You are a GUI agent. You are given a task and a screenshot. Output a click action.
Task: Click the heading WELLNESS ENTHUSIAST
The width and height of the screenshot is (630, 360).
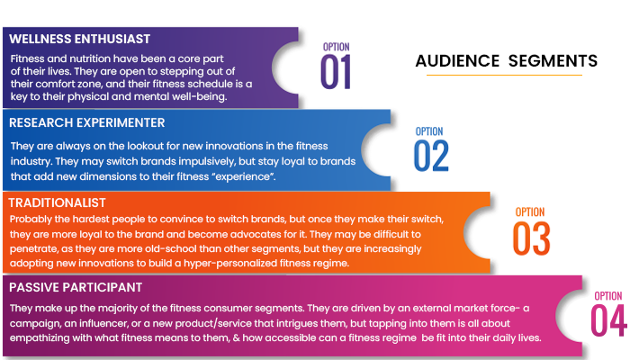tap(79, 39)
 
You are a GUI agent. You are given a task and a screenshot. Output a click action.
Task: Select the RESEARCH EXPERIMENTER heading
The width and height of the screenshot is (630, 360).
tap(86, 122)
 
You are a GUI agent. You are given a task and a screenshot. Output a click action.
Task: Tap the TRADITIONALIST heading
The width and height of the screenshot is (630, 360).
tap(57, 202)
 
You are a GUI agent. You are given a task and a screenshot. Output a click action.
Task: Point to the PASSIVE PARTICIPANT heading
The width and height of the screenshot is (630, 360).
tap(76, 287)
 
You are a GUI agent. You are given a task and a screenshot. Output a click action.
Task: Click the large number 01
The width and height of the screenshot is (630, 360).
tap(336, 72)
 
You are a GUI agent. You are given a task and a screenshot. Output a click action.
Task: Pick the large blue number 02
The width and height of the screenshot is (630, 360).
tap(431, 156)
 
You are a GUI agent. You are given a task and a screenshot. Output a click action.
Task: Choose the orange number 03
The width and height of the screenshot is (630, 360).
tap(531, 238)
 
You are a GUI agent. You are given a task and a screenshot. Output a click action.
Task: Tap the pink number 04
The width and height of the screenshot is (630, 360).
tap(608, 320)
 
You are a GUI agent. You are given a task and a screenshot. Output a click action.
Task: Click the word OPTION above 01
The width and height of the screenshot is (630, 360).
tap(337, 47)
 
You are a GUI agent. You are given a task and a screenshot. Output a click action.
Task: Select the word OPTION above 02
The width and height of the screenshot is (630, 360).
tap(429, 131)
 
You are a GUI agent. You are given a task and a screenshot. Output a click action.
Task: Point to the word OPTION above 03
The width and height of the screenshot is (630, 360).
tap(530, 212)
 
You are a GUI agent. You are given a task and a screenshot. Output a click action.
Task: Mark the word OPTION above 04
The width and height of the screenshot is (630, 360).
tap(608, 296)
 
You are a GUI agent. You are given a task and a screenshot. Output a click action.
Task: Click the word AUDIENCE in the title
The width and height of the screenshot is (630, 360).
tap(457, 61)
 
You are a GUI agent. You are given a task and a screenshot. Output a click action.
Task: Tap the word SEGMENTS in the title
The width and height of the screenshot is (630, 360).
tap(553, 61)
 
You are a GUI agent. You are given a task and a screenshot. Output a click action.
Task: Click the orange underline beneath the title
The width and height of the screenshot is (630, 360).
tap(504, 75)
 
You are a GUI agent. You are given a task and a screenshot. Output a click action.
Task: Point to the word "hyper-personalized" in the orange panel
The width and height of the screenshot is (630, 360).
tap(230, 263)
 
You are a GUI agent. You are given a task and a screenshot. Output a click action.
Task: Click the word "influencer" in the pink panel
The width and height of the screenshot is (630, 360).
tap(105, 323)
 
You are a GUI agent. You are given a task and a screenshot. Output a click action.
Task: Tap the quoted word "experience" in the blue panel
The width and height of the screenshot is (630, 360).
tap(242, 176)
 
